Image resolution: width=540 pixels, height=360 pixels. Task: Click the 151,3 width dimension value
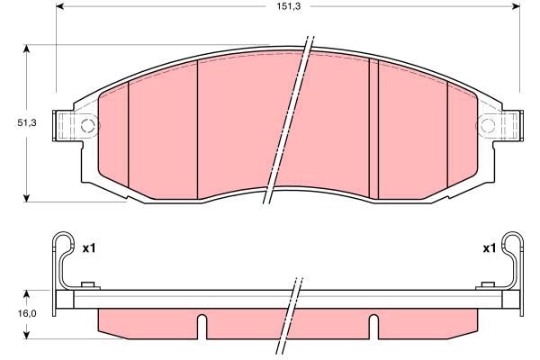pos(289,6)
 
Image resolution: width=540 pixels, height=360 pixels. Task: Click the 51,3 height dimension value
pos(26,122)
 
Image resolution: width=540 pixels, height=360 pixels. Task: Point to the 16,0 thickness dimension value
pos(26,313)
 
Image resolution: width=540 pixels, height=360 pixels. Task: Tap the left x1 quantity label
pos(88,248)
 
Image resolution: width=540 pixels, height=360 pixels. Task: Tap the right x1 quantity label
pos(489,248)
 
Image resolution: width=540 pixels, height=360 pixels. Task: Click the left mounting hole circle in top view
pos(88,125)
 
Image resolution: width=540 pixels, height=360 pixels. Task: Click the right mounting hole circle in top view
pos(487,125)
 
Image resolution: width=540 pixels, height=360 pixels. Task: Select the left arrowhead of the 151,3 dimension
pos(60,6)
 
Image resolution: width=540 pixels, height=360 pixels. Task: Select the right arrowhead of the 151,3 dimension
pos(516,6)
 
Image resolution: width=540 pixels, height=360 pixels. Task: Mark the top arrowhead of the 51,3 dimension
pos(26,49)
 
